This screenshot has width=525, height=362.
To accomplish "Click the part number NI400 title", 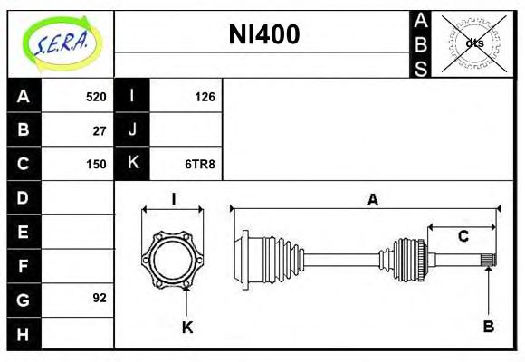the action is tap(264, 34).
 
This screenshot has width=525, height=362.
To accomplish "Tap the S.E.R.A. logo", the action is tap(61, 43).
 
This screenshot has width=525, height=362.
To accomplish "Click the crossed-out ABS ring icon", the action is tap(473, 43).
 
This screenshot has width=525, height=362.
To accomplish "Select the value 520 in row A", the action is tap(96, 97).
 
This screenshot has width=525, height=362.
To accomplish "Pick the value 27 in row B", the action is tap(100, 131).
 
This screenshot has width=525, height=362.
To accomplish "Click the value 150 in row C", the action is tap(96, 164).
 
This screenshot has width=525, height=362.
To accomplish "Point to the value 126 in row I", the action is tap(205, 97).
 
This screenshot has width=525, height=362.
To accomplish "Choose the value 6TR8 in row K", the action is tap(200, 164).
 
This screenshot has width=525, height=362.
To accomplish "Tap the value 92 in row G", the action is tap(100, 298).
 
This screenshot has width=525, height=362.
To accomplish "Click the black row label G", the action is tap(24, 300).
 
